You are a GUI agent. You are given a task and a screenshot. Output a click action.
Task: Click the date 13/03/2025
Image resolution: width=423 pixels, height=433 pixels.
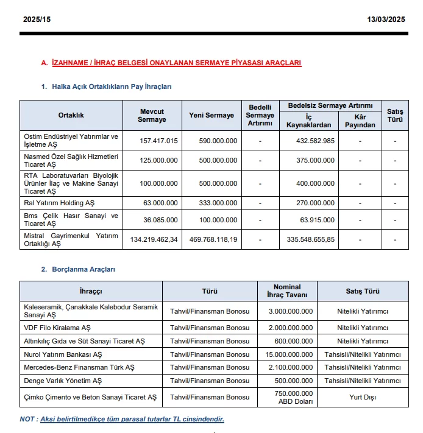pyautogui.click(x=385, y=19)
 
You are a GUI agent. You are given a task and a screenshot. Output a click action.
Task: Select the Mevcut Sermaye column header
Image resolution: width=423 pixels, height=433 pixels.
pyautogui.click(x=152, y=115)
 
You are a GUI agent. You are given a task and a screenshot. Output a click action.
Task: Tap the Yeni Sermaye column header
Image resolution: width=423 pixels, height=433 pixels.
pyautogui.click(x=211, y=115)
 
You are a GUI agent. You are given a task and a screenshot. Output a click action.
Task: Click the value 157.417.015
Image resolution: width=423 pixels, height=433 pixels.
pyautogui.click(x=158, y=141)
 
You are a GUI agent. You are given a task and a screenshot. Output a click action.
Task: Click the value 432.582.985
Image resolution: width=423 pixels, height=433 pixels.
pyautogui.click(x=311, y=141)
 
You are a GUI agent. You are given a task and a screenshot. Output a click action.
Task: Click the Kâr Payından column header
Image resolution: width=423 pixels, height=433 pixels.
pyautogui.click(x=360, y=121)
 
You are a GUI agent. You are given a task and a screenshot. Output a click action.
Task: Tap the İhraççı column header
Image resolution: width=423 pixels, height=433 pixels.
pyautogui.click(x=91, y=291)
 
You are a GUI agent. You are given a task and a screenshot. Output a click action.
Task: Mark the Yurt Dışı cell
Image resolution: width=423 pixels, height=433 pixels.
pyautogui.click(x=363, y=397)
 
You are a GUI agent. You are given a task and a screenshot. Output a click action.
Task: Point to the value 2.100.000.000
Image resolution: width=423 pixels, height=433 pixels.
pyautogui.click(x=291, y=368)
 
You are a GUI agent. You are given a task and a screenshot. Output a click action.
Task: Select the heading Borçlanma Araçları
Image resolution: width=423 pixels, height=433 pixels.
pyautogui.click(x=84, y=269)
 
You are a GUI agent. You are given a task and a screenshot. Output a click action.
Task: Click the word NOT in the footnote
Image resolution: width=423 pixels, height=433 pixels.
pyautogui.click(x=27, y=419)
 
